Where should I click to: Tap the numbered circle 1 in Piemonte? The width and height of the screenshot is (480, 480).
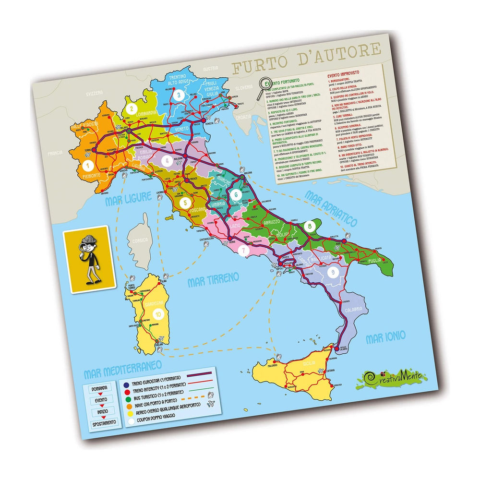tap(88, 167)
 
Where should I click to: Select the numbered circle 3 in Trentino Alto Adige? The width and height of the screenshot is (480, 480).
tap(179, 95)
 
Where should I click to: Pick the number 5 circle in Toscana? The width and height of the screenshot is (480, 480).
tap(185, 203)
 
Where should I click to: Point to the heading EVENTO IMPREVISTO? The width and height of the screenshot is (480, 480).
tap(345, 75)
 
